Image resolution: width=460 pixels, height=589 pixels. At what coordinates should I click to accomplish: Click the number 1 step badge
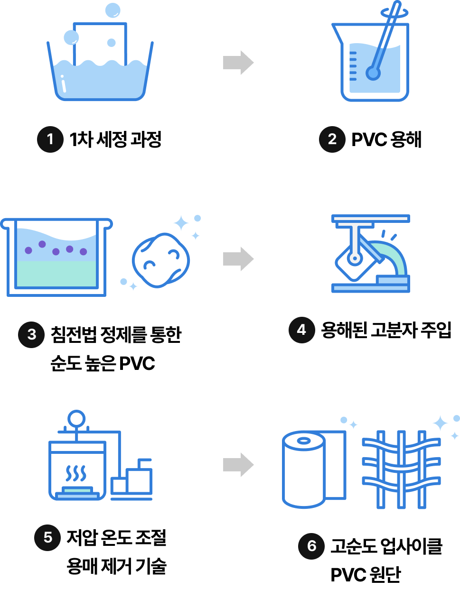(x=50, y=139)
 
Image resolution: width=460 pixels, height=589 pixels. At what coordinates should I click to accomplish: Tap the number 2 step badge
(x=332, y=139)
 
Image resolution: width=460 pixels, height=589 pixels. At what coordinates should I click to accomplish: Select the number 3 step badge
(x=31, y=334)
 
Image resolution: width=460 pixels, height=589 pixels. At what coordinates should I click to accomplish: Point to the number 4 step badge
(x=301, y=330)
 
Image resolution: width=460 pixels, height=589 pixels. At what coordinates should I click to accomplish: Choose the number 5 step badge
(x=47, y=537)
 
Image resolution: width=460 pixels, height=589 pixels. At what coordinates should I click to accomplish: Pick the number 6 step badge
(x=311, y=546)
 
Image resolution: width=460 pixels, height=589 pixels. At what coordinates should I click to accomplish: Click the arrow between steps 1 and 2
(x=238, y=62)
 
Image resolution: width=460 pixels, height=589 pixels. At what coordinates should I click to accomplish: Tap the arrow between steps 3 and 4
(x=238, y=259)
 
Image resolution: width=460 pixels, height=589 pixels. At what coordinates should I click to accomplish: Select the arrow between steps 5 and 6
(x=238, y=464)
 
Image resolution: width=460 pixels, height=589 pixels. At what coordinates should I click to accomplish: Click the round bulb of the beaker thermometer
(x=373, y=73)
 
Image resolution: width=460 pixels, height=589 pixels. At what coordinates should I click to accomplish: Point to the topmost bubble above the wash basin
(x=113, y=10)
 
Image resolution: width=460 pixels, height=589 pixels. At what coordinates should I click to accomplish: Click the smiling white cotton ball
(x=160, y=260)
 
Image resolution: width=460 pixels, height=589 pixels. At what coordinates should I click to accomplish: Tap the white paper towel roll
(x=304, y=469)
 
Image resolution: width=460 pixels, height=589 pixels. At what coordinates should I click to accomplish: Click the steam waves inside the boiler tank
(x=76, y=473)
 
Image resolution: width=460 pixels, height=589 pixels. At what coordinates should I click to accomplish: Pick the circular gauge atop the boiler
(x=76, y=418)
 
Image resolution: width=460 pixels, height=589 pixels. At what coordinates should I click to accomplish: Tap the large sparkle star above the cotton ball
(x=181, y=223)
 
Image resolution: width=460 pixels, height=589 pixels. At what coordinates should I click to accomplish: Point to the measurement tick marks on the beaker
(x=353, y=64)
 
